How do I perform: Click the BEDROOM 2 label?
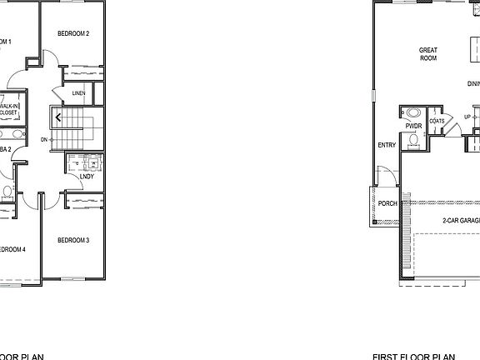(x=73, y=33)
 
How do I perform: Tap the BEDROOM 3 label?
(x=73, y=240)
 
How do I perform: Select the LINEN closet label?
(x=78, y=92)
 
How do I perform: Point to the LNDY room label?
(x=86, y=177)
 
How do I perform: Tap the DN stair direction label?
(x=44, y=140)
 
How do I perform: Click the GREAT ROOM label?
(x=427, y=54)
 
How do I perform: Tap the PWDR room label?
(x=414, y=126)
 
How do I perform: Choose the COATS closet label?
(x=437, y=120)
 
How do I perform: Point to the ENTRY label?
(x=386, y=145)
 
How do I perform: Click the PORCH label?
(x=387, y=202)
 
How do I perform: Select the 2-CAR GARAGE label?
(x=461, y=220)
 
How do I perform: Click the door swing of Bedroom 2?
(x=50, y=60)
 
